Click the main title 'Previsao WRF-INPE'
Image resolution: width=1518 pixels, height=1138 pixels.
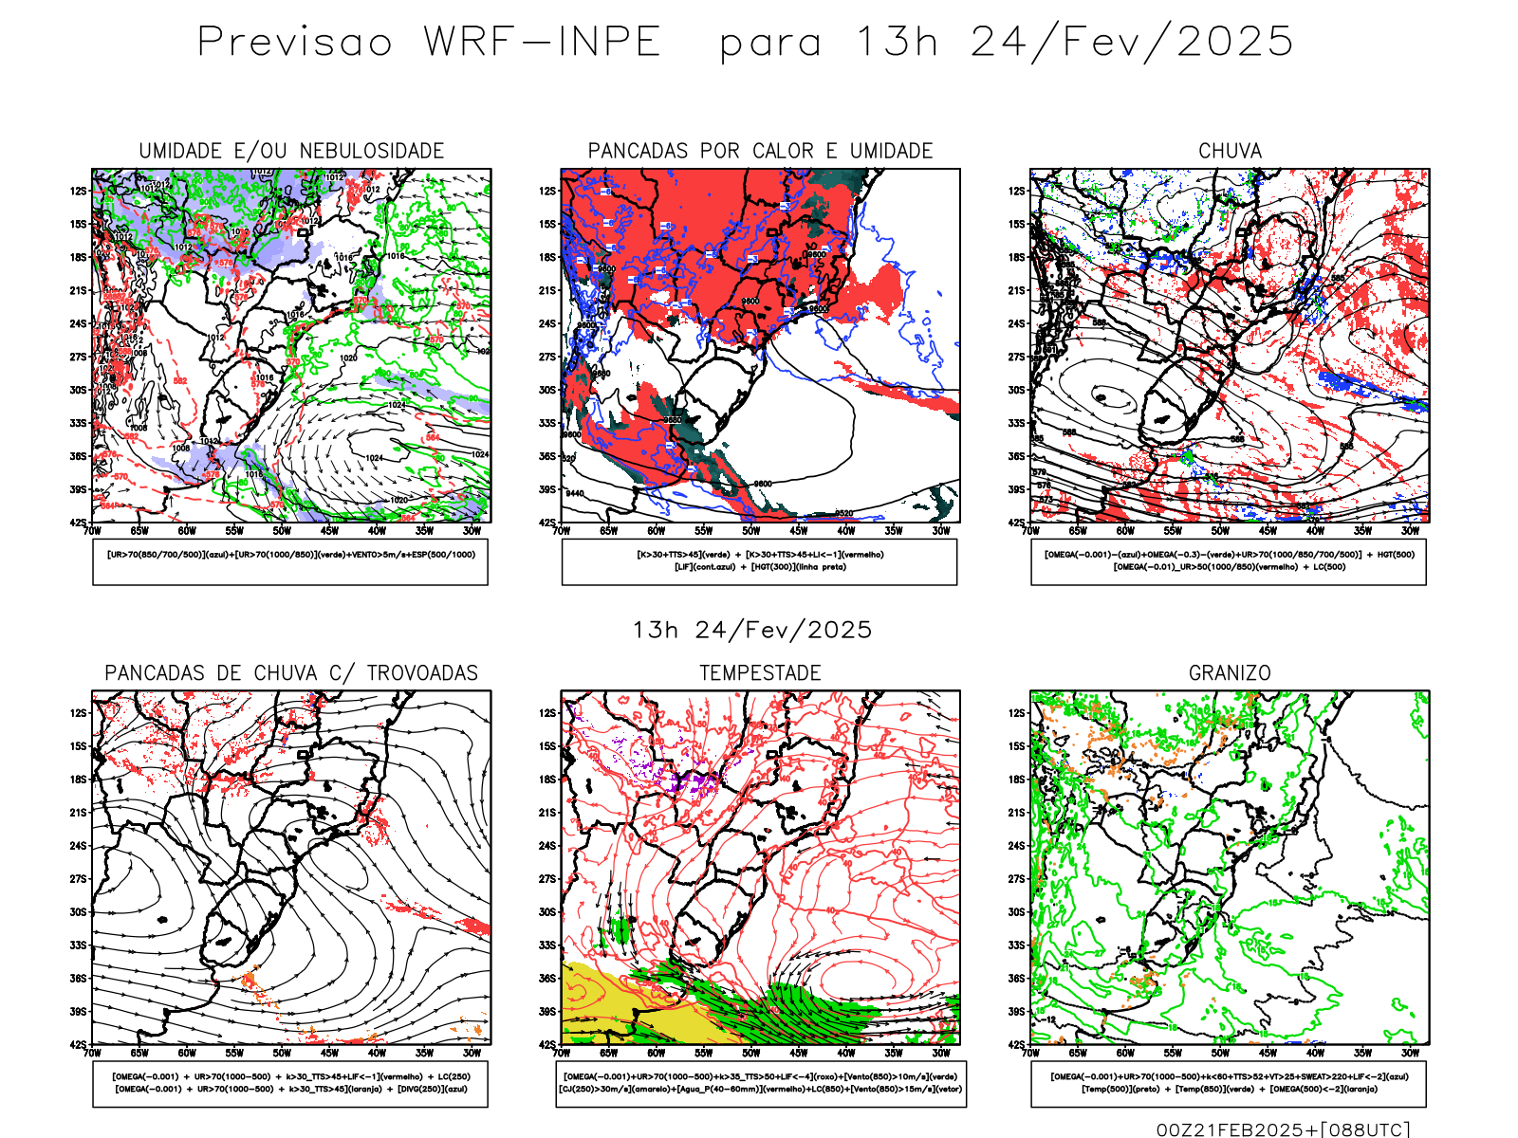coord(429,43)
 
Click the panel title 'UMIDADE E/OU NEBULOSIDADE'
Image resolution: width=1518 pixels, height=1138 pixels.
coord(291,151)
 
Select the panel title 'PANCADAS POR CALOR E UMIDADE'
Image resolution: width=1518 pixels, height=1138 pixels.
coord(760,151)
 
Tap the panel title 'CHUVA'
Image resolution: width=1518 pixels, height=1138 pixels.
coord(1230,151)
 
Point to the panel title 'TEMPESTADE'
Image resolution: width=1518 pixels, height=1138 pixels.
coord(760,673)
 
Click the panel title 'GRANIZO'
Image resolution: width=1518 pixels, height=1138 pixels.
coord(1230,673)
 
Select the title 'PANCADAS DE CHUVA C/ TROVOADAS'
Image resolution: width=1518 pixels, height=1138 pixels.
coord(291,673)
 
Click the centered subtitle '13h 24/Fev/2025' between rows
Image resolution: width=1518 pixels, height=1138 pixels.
coord(752,630)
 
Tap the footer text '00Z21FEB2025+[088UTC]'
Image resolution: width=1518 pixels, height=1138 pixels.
coord(1283,1129)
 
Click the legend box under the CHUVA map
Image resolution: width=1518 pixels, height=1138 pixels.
coord(1229,561)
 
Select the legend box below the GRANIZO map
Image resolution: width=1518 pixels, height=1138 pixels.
coord(1229,1083)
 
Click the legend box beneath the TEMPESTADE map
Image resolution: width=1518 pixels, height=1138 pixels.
coord(760,1083)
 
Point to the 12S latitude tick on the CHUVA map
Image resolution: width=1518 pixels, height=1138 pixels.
coord(1017,192)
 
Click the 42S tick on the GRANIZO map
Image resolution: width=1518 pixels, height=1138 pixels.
coord(1017,1044)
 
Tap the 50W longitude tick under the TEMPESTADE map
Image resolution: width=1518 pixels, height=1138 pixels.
coord(750,1053)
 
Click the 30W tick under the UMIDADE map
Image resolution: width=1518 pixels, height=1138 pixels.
coord(472,531)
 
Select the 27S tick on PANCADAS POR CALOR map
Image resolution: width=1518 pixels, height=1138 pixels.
coord(547,358)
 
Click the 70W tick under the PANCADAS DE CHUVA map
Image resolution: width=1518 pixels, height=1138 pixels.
coord(92,1053)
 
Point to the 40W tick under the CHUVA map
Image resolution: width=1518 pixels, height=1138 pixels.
coord(1315,531)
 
